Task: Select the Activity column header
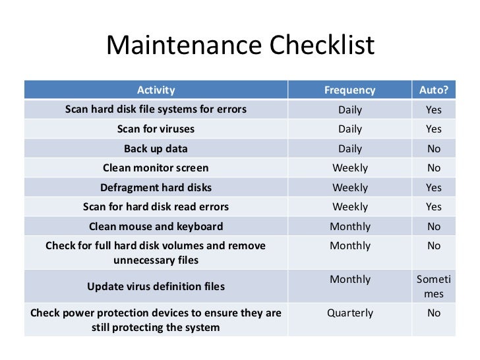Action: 156,90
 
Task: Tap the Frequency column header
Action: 350,90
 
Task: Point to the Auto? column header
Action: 433,90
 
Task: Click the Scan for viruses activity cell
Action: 156,129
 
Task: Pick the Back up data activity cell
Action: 156,148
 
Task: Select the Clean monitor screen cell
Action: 156,168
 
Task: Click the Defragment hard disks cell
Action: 156,187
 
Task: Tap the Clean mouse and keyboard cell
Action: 156,226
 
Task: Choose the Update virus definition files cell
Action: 156,287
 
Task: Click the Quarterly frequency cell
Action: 350,313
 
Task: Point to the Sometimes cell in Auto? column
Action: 433,286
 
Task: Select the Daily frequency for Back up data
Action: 350,148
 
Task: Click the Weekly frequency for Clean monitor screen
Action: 350,168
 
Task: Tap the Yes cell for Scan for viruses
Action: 433,129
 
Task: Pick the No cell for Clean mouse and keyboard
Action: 433,226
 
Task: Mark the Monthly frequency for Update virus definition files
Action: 350,279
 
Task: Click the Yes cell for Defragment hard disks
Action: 433,187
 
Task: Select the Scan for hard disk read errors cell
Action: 156,207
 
